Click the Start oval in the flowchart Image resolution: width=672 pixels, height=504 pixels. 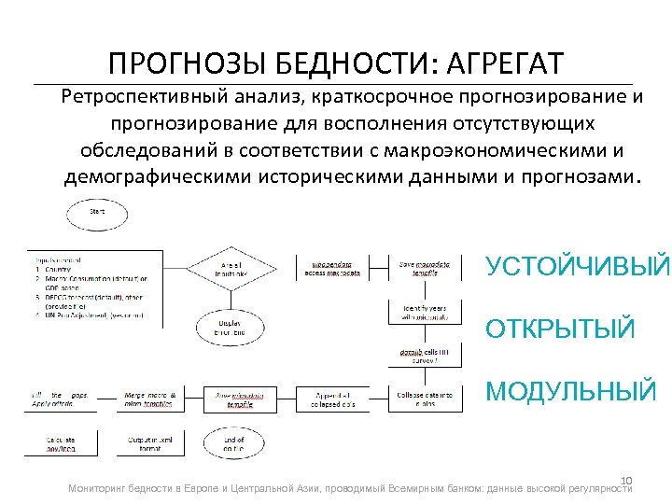pyautogui.click(x=97, y=215)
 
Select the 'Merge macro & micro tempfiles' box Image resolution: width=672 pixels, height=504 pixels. pyautogui.click(x=149, y=399)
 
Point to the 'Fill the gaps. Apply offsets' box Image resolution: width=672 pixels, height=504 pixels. pyautogui.click(x=61, y=399)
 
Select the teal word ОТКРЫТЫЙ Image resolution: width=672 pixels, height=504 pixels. pyautogui.click(x=560, y=329)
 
